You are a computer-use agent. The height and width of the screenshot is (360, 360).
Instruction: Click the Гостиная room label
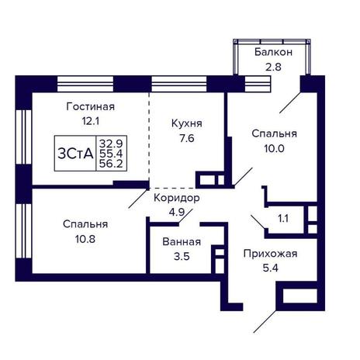[91, 106]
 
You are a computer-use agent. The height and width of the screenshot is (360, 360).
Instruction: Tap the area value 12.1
[91, 121]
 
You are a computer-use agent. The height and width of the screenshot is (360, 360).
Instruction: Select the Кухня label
[187, 124]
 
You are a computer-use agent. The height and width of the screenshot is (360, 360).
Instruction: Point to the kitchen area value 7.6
[187, 138]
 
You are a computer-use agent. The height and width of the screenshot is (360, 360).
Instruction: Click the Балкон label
[273, 52]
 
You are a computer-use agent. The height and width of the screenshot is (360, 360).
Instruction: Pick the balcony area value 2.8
[273, 67]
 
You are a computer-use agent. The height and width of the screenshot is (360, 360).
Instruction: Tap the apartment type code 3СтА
[75, 154]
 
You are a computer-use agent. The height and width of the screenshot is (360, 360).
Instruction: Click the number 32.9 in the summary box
[111, 143]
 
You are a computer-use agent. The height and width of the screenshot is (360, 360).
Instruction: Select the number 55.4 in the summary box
[111, 154]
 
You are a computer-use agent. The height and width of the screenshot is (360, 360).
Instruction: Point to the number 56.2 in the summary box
[111, 164]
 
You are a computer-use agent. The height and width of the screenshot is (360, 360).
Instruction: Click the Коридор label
[177, 199]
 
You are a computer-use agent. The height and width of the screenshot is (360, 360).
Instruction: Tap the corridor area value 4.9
[177, 213]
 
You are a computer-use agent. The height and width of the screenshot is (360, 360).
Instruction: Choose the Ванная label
[182, 242]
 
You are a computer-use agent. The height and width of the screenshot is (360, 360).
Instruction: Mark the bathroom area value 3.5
[182, 257]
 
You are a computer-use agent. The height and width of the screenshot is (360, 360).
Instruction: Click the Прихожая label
[270, 254]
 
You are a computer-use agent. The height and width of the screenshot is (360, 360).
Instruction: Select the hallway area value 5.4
[271, 268]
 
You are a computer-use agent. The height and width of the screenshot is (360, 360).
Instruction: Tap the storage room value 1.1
[283, 219]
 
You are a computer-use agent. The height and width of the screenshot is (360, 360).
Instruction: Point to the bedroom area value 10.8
[85, 239]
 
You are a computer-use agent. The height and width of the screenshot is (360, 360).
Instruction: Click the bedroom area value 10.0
[274, 148]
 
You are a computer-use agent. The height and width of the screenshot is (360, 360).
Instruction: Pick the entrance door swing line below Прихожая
[265, 321]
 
